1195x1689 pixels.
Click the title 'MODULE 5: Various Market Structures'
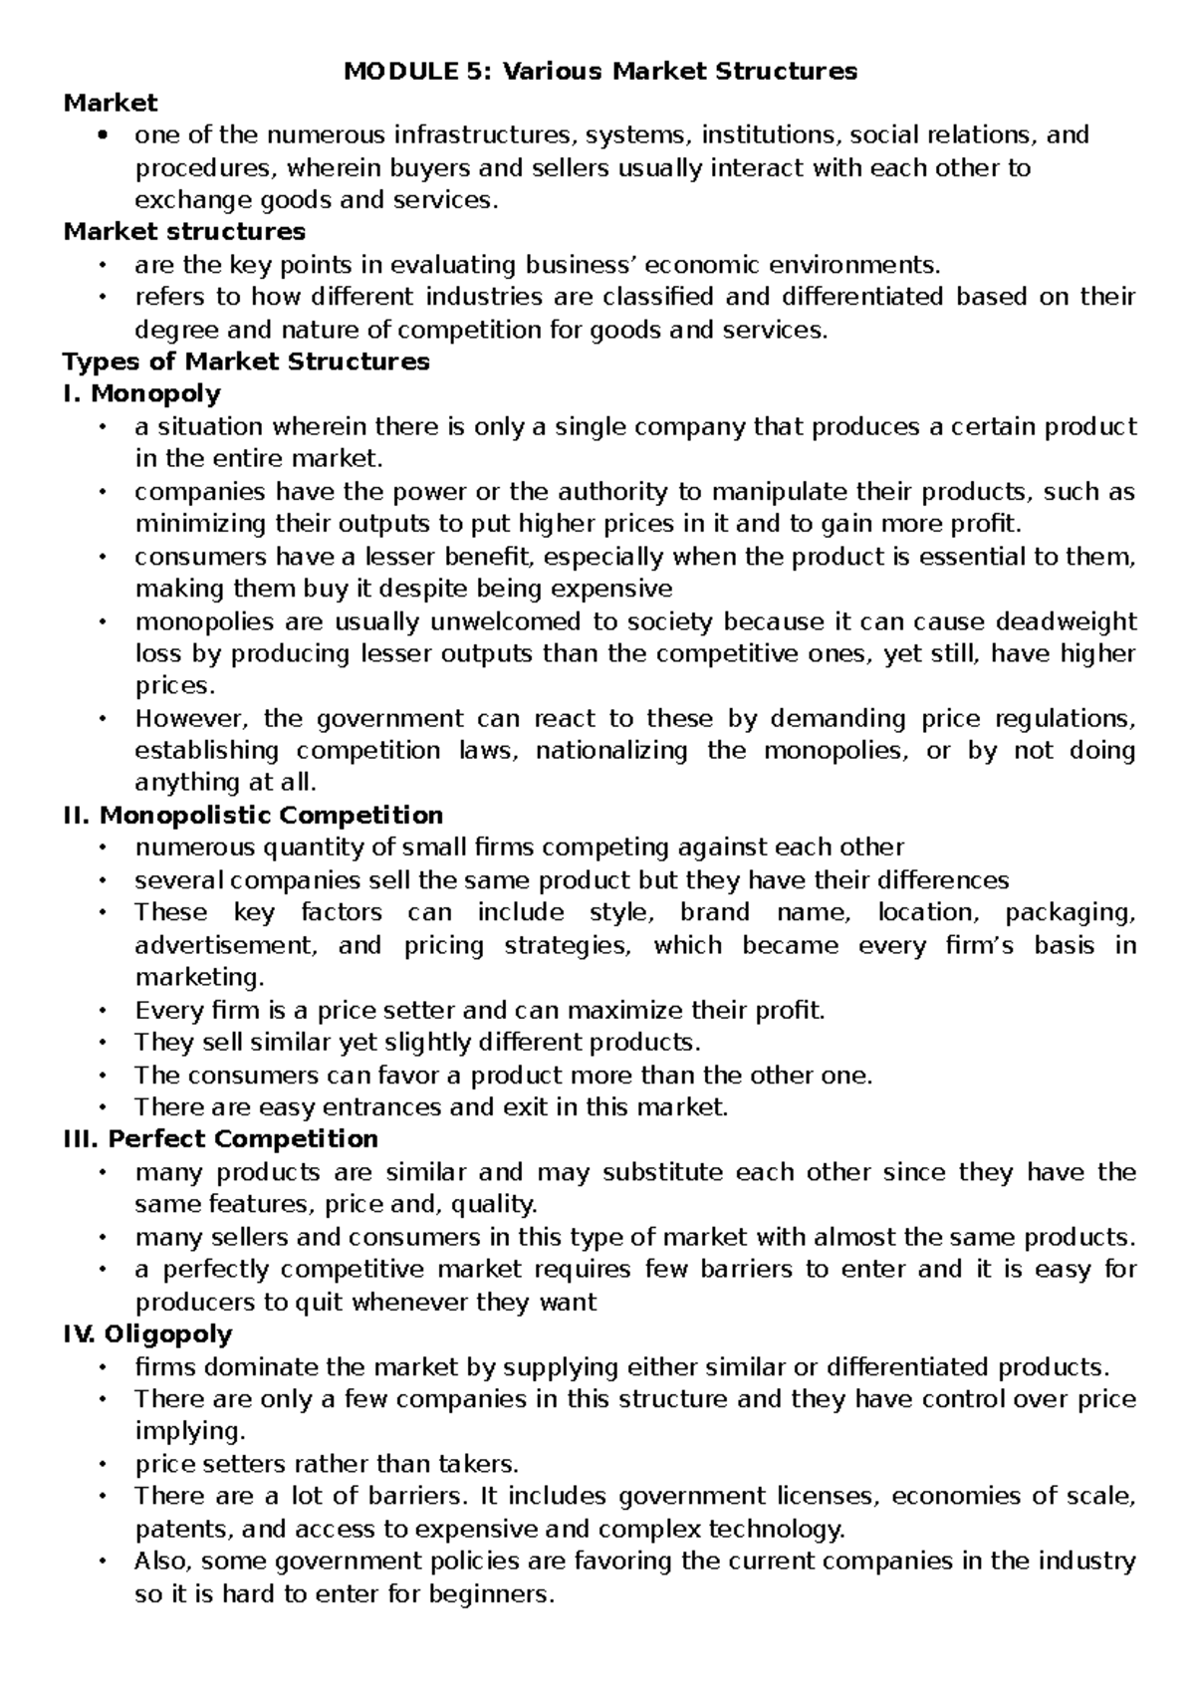click(599, 72)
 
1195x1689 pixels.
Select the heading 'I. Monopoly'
click(141, 393)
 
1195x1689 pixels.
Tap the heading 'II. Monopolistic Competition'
click(253, 815)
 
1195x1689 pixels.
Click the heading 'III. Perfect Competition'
click(220, 1138)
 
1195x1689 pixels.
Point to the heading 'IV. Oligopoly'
click(147, 1333)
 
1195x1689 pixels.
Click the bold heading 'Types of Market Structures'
click(246, 362)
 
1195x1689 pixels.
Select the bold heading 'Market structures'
click(184, 232)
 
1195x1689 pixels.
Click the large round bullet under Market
click(103, 135)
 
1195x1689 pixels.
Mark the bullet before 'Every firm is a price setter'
click(103, 1011)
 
